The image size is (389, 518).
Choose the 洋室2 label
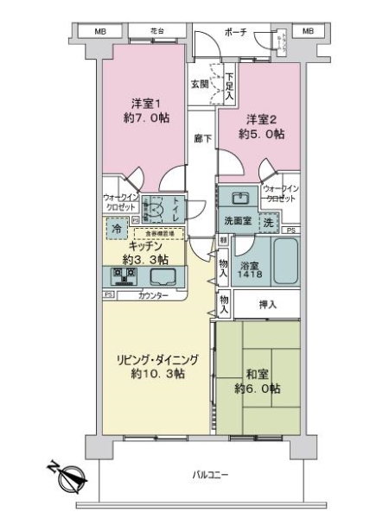(263, 126)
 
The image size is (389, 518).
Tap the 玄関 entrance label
(199, 84)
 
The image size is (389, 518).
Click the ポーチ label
(235, 32)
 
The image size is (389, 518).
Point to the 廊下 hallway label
(202, 138)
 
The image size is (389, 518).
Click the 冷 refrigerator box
(116, 229)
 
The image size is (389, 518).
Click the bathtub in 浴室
(284, 260)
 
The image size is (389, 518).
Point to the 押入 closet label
(268, 304)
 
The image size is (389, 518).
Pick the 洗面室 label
(236, 221)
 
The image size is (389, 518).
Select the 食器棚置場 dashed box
(159, 233)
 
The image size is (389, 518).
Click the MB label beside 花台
(89, 31)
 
